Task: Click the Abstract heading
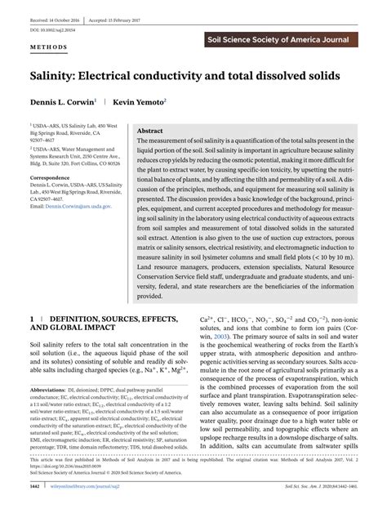tap(150, 130)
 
